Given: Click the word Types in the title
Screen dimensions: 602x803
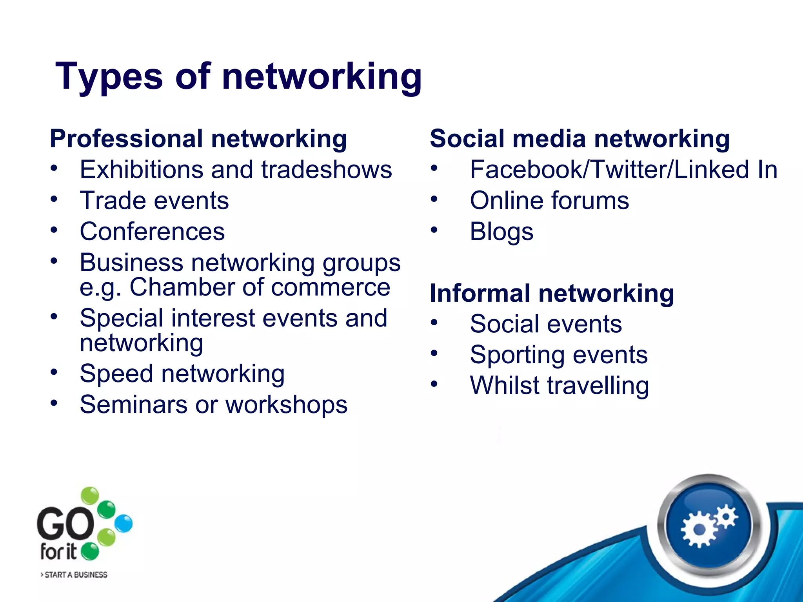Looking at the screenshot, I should (109, 77).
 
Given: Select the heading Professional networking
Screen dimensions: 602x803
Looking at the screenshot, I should (198, 139).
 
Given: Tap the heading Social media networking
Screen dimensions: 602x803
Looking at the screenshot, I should (580, 139).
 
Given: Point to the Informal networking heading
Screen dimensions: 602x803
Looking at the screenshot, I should (552, 293).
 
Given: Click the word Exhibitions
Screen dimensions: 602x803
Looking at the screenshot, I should (142, 170).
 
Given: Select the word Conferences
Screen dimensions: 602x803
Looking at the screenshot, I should (152, 232).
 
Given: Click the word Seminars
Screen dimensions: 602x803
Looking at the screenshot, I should (134, 405).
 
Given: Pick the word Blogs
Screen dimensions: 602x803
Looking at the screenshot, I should (501, 232).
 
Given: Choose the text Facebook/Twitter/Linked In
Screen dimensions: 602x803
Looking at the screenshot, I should (623, 170).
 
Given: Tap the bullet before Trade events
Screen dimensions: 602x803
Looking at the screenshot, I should (54, 199).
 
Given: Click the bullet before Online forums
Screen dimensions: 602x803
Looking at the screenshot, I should (434, 199).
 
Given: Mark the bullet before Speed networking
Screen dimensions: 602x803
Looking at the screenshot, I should (54, 372).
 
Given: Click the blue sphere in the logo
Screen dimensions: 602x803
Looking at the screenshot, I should (124, 524).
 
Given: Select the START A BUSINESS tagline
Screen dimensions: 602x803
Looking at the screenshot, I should (74, 575).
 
